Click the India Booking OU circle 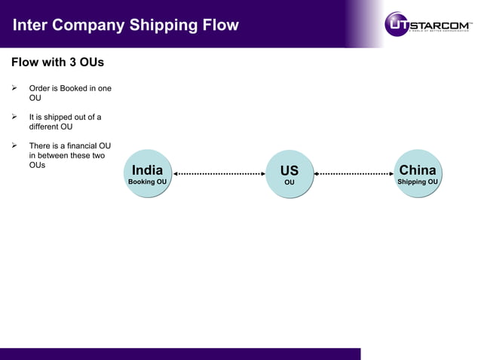click(x=147, y=174)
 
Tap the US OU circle click(x=290, y=175)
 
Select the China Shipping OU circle click(x=418, y=174)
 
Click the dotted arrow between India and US click(x=219, y=174)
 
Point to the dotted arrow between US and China click(x=354, y=174)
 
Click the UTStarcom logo click(x=428, y=23)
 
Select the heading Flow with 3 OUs click(x=57, y=62)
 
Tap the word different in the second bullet click(x=47, y=127)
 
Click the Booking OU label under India click(x=147, y=182)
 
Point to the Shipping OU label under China click(x=418, y=182)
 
